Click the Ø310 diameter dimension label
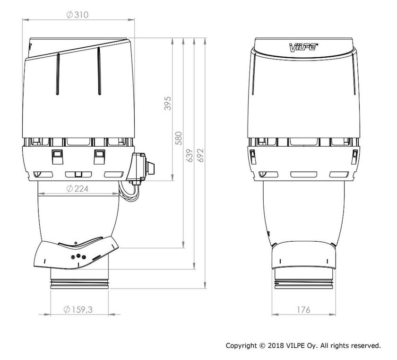tap(78, 15)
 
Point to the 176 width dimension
tap(304, 310)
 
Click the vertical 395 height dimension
tap(167, 103)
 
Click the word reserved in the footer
tap(365, 346)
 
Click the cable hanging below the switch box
tap(130, 192)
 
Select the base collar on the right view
tap(304, 255)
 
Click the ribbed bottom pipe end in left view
tap(79, 283)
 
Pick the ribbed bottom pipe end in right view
tap(304, 282)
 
